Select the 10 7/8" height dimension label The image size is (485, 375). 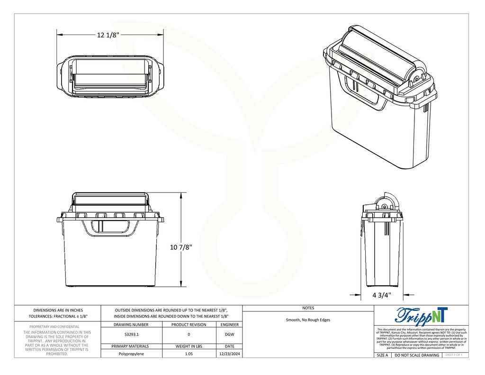pyautogui.click(x=181, y=247)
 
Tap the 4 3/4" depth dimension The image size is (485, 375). pyautogui.click(x=381, y=295)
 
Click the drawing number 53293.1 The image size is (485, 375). pyautogui.click(x=132, y=335)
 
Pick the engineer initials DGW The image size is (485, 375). pyautogui.click(x=229, y=335)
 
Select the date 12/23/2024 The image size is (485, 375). pyautogui.click(x=229, y=354)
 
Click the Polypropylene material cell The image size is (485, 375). pyautogui.click(x=132, y=354)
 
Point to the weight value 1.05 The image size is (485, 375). pyautogui.click(x=189, y=354)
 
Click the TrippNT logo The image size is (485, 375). pyautogui.click(x=421, y=315)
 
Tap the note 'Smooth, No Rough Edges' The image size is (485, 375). pyautogui.click(x=308, y=320)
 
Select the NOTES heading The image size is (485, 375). pyautogui.click(x=308, y=308)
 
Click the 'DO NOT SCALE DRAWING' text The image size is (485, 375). pyautogui.click(x=417, y=355)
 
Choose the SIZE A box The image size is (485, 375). pyautogui.click(x=382, y=355)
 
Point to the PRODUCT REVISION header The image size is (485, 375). pyautogui.click(x=189, y=325)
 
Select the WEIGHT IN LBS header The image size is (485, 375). pyautogui.click(x=189, y=346)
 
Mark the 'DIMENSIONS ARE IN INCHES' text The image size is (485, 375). pyautogui.click(x=58, y=310)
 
